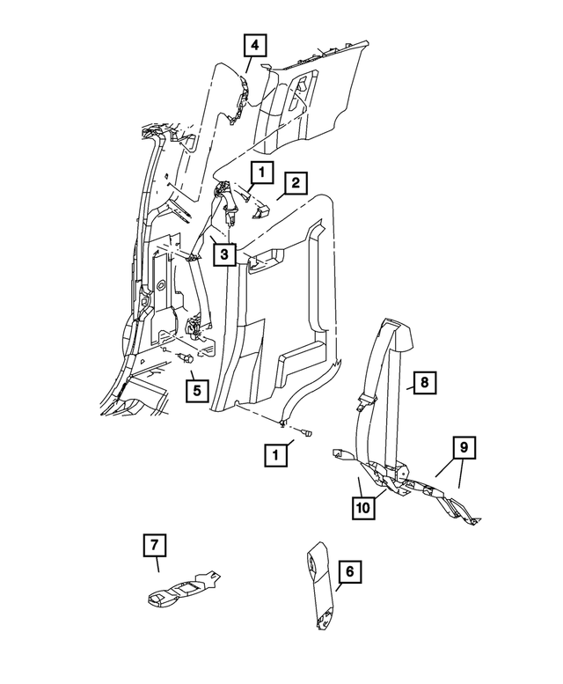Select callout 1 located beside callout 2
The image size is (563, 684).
pos(261,172)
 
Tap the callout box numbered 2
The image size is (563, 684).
pos(296,183)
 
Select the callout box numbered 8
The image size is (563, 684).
pos(423,382)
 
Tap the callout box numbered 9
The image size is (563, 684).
pos(464,448)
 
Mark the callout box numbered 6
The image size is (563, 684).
pos(348,572)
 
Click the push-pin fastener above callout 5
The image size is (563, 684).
pos(185,358)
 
